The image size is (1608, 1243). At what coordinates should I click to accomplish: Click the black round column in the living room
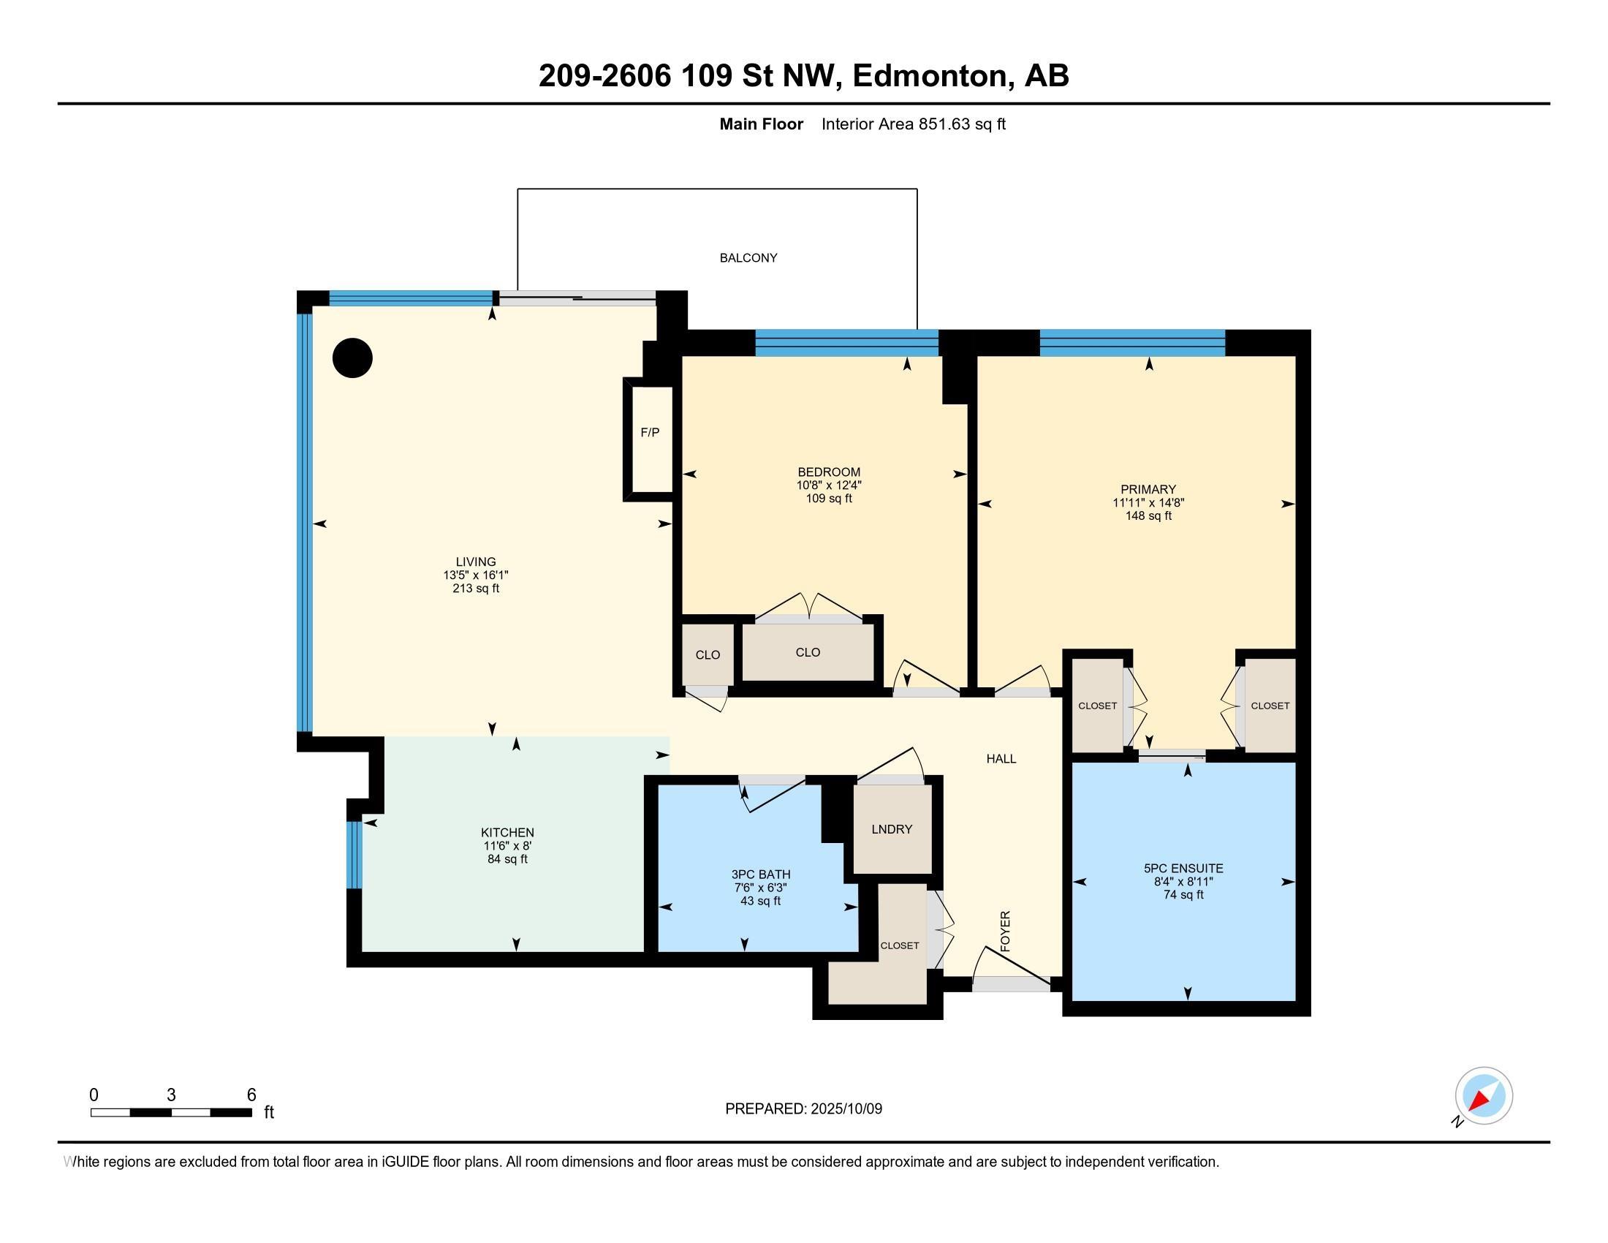point(352,358)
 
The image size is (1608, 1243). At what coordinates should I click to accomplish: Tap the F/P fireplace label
point(649,432)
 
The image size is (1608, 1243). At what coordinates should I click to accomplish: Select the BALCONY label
point(748,257)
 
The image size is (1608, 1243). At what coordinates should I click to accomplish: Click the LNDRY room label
point(891,829)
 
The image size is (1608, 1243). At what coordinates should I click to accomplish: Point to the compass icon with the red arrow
point(1483,1096)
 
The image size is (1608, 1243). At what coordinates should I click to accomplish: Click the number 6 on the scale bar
point(251,1095)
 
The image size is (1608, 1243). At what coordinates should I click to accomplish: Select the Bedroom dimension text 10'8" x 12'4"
point(828,486)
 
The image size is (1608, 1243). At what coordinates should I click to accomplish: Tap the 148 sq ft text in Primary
point(1148,515)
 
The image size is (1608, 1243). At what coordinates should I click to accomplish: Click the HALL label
point(1001,758)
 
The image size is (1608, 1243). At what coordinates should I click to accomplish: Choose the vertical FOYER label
point(1005,931)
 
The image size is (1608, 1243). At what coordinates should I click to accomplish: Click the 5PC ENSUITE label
point(1183,868)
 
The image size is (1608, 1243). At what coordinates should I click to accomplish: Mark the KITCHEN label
point(507,833)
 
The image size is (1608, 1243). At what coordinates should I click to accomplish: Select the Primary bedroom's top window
point(1131,343)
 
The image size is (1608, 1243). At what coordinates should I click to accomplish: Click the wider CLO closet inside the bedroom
point(808,652)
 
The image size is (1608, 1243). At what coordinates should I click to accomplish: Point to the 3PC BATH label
point(761,874)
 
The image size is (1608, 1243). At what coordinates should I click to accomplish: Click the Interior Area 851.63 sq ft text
point(913,124)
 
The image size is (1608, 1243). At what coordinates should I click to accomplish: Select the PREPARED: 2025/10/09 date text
point(803,1109)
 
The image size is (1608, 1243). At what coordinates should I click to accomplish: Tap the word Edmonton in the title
point(929,76)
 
